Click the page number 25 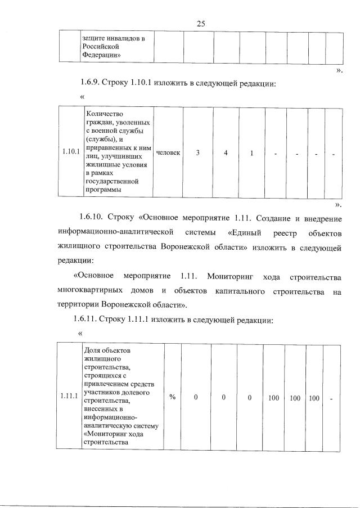point(201,23)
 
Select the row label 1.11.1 point(69,397)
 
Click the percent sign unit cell point(173,397)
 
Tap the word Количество point(104,114)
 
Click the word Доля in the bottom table point(92,350)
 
